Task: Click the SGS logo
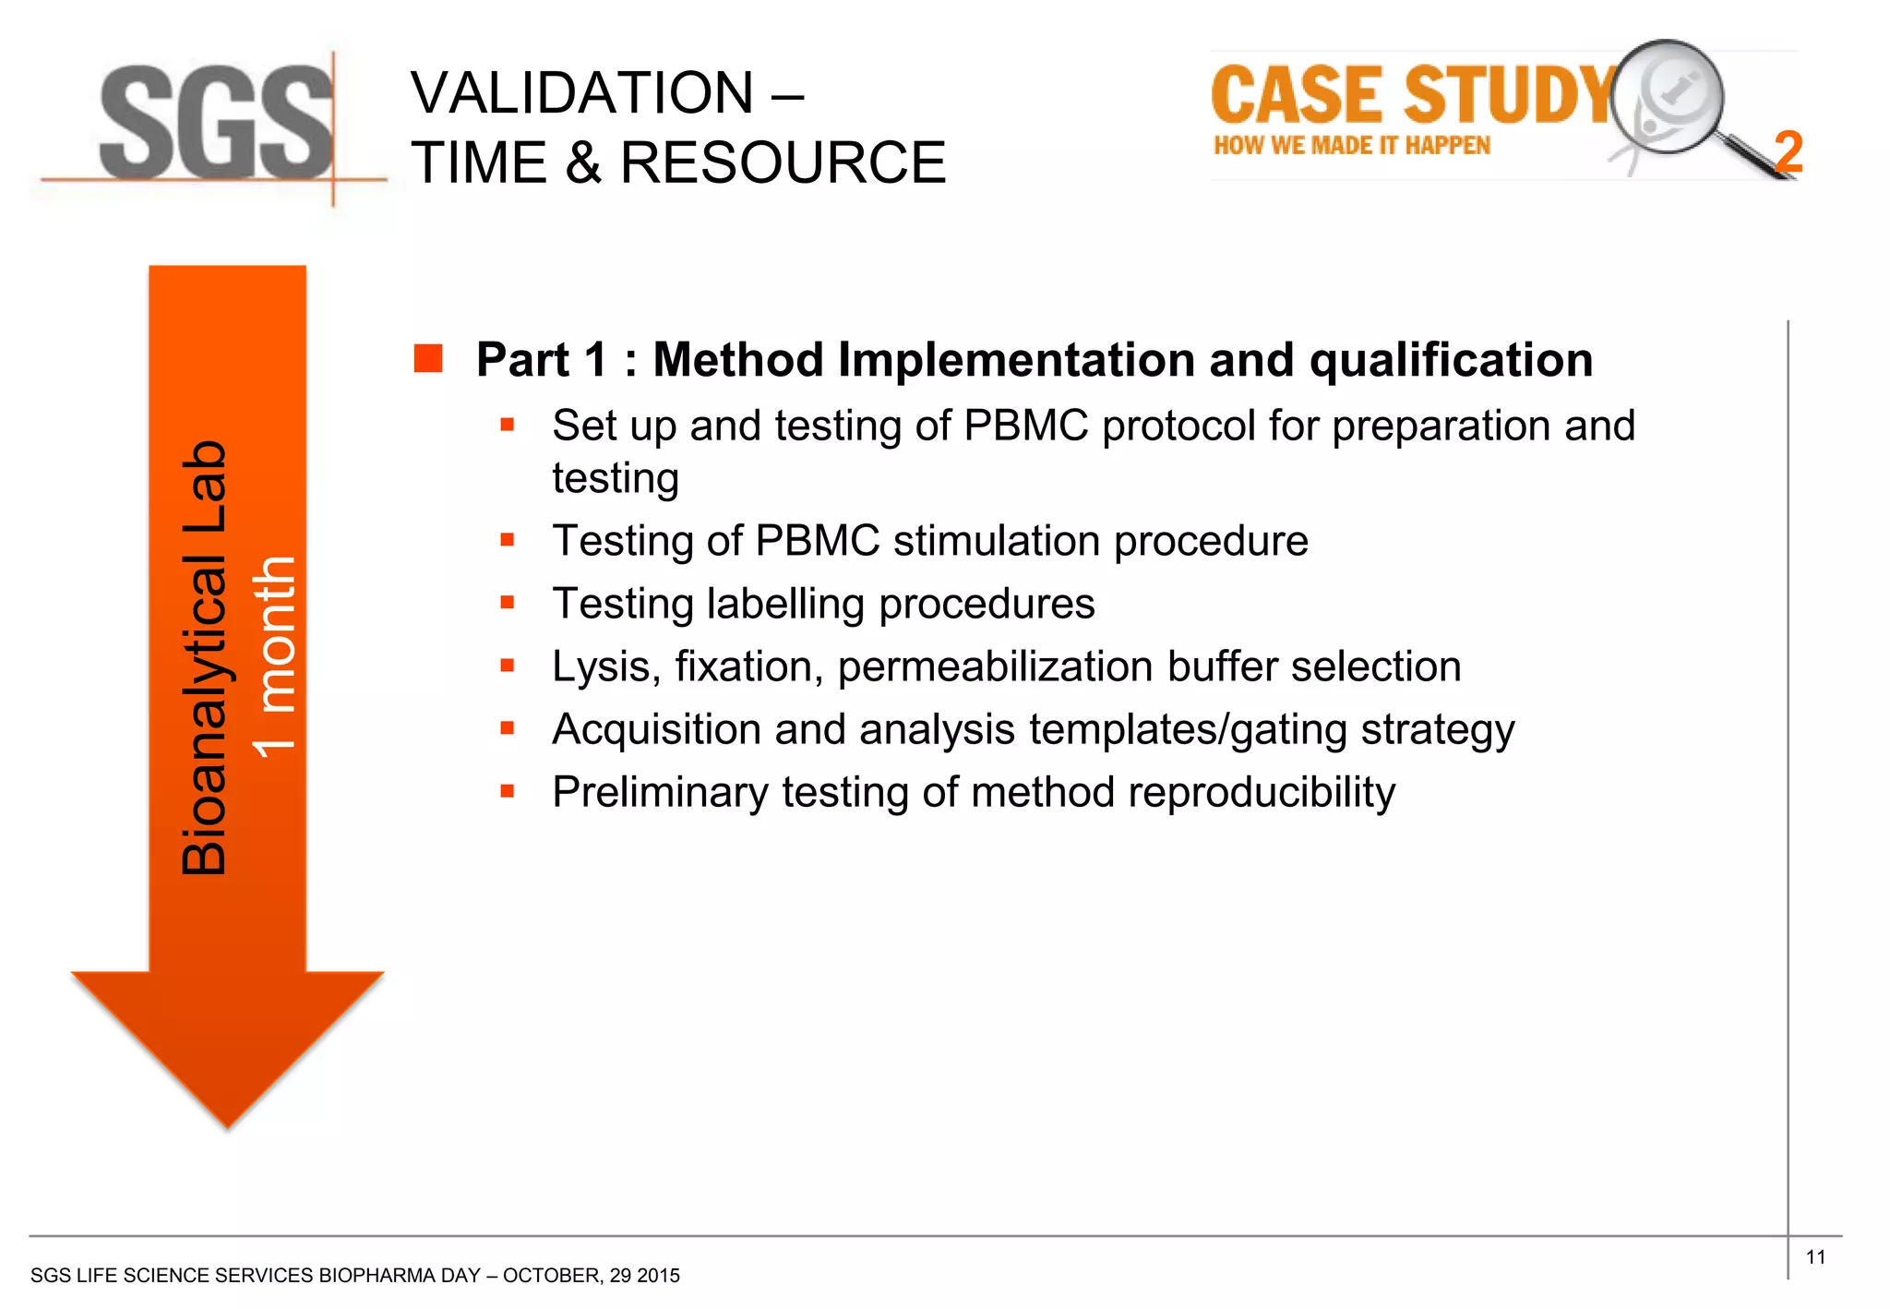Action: tap(215, 123)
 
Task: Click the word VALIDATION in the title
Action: tap(582, 93)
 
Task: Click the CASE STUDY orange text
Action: tap(1412, 96)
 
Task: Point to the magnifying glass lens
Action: tap(1668, 97)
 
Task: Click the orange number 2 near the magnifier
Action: tap(1788, 152)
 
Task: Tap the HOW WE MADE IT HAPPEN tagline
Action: tap(1351, 146)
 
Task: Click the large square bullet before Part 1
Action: tap(428, 358)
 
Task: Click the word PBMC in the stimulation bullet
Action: tap(817, 541)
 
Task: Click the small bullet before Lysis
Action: tap(507, 666)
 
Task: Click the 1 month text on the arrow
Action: tap(274, 657)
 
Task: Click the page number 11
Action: tap(1815, 1257)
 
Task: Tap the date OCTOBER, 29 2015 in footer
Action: tap(591, 1276)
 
